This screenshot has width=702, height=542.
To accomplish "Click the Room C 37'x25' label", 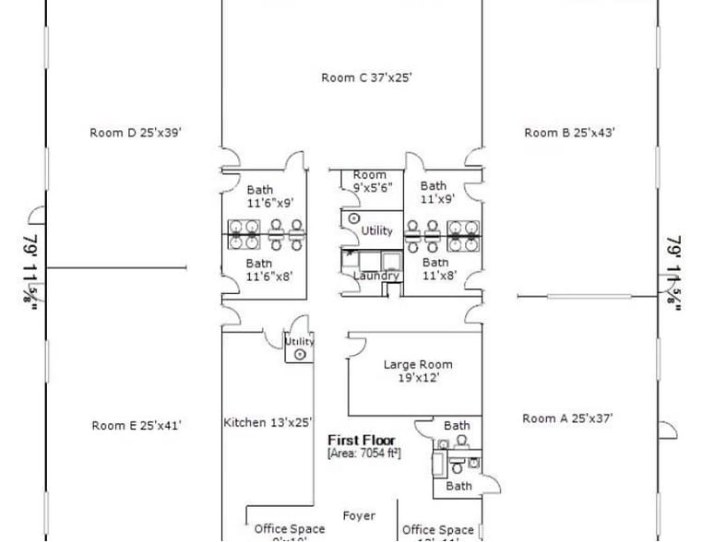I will (x=366, y=78).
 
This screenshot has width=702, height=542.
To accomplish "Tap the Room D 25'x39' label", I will (x=136, y=133).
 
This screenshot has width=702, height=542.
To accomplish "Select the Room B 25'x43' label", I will (x=569, y=133).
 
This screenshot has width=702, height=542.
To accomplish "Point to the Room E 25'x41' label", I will (x=137, y=425).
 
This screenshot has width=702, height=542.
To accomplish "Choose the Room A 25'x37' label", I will (x=567, y=418).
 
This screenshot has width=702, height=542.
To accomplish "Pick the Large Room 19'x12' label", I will (x=418, y=371).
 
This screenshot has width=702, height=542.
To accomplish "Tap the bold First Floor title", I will (x=362, y=441).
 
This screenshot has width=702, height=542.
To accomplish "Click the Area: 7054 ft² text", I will (x=363, y=454).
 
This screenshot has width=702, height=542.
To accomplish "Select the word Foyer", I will (x=359, y=516).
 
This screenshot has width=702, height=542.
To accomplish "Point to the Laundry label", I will (x=375, y=276).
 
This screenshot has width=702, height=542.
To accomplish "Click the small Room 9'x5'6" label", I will (x=371, y=181).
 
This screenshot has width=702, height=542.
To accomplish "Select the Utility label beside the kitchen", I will (x=299, y=341).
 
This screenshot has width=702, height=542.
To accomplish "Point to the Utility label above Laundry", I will (x=376, y=230).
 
